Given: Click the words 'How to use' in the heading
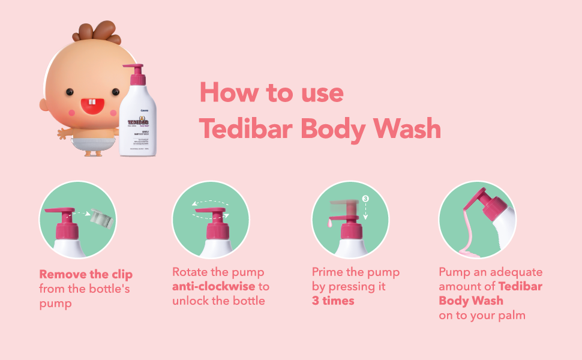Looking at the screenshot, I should (271, 93).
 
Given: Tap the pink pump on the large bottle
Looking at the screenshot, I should (136, 74).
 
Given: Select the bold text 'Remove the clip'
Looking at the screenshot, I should (86, 275).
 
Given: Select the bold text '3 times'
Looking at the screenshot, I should (333, 301).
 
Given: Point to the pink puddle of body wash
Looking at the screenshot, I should (466, 248).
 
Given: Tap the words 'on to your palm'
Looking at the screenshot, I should (482, 315).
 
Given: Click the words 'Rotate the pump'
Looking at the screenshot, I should (218, 272).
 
